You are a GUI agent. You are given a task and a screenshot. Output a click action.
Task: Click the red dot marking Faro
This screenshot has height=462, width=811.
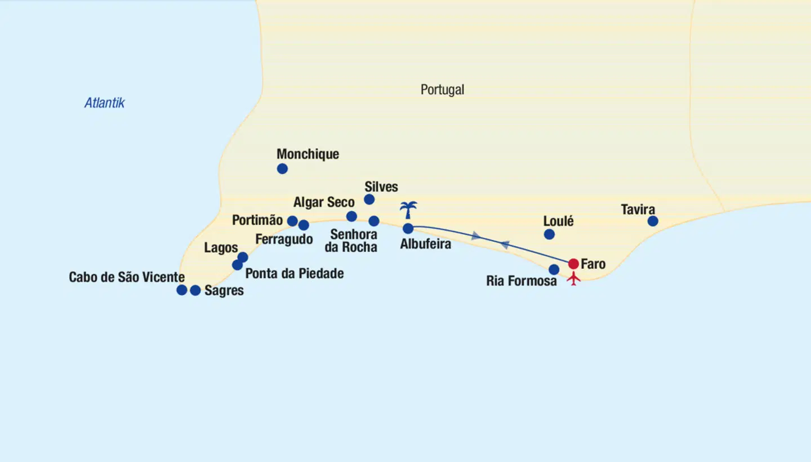[x=573, y=264]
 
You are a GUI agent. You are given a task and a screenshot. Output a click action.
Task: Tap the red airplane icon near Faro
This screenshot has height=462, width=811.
[x=573, y=278]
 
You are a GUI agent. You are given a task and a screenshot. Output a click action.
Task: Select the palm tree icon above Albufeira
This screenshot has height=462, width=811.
[x=408, y=210]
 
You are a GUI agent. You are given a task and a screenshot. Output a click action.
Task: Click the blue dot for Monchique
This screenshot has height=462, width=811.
[x=282, y=168]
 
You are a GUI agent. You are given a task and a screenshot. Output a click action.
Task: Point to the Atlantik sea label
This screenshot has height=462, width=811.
[x=104, y=103]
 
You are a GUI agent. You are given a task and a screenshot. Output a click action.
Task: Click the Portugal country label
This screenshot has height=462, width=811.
[x=442, y=90]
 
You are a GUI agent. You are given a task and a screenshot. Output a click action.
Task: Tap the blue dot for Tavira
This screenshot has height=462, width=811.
[x=653, y=221]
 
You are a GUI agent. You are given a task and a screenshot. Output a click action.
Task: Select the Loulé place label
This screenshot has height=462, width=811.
[x=558, y=221]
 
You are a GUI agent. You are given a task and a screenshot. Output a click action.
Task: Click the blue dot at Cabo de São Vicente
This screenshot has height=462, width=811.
[x=181, y=290]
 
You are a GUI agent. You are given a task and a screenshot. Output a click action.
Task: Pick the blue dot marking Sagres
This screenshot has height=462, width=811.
[x=195, y=290]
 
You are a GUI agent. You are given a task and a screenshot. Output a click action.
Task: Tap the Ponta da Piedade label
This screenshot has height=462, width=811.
[x=295, y=274]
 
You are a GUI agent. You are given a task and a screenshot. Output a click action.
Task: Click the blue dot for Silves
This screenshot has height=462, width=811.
[x=369, y=199]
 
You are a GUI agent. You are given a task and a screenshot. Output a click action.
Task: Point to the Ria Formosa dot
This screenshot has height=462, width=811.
[x=554, y=269]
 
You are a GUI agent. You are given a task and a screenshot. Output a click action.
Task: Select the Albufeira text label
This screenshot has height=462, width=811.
[x=425, y=245]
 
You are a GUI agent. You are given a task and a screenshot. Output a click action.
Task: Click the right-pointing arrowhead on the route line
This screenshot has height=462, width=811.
[x=476, y=236]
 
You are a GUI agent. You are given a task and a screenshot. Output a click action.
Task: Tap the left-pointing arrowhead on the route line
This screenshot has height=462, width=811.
[x=505, y=245]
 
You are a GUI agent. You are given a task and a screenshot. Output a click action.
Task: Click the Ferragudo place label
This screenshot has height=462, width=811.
[x=284, y=239]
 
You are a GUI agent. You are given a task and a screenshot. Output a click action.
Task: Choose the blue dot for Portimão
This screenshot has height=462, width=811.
[x=292, y=221]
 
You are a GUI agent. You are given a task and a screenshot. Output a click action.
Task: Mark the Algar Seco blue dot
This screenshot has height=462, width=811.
[x=351, y=216]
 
